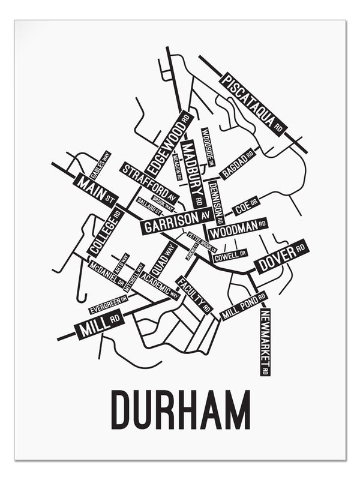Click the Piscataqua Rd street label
click(x=252, y=103)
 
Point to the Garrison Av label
click(x=175, y=221)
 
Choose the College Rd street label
click(x=104, y=232)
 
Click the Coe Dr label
click(x=245, y=207)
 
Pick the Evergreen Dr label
click(x=109, y=304)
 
